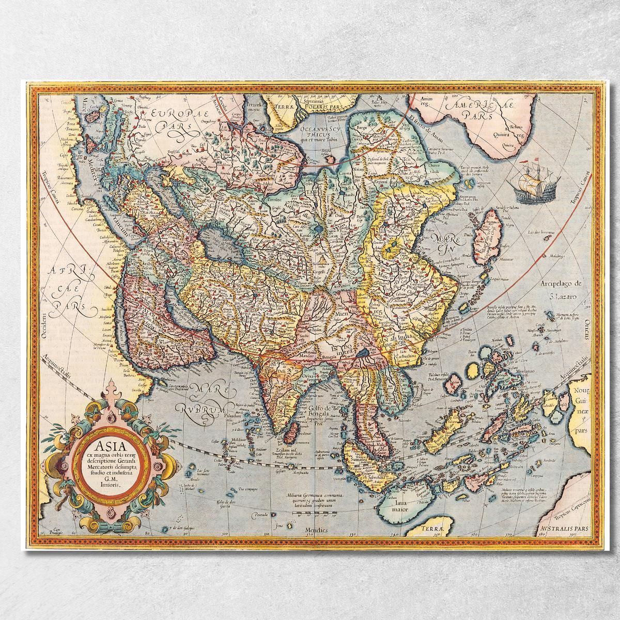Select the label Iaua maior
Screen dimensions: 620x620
[399, 504]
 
